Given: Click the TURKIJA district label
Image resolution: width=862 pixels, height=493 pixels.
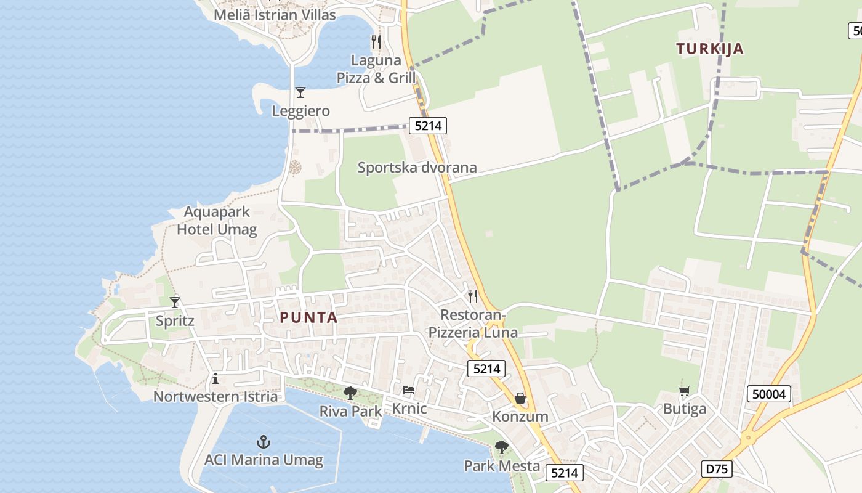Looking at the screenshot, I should (x=710, y=49).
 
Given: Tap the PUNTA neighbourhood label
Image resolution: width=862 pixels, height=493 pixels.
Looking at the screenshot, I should (x=308, y=317).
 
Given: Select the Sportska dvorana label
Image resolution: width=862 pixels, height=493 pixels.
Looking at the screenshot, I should (x=417, y=167).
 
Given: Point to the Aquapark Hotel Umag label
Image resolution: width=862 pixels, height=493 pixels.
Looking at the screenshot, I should (x=217, y=221).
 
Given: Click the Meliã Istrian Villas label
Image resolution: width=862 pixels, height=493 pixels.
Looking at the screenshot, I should (x=275, y=15).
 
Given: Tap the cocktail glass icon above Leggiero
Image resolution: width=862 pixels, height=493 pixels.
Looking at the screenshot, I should (x=300, y=92).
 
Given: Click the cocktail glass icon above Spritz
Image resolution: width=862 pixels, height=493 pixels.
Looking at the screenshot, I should (x=175, y=302).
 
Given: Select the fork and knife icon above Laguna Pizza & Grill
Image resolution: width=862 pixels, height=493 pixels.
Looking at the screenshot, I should (x=376, y=42).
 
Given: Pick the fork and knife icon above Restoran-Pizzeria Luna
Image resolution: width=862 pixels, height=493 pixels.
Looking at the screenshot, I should (x=473, y=296).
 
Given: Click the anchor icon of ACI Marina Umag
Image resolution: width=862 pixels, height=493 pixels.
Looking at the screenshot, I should (x=264, y=442).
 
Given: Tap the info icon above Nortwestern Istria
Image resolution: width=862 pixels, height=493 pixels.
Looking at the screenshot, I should (x=216, y=378).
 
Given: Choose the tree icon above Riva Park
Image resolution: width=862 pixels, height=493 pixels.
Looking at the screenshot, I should (x=350, y=393).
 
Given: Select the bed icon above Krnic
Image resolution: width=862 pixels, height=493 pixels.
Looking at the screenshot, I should (x=409, y=390).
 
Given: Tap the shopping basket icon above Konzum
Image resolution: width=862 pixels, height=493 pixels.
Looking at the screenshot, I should (x=520, y=398).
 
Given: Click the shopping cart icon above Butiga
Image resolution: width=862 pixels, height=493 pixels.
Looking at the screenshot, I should (x=684, y=391).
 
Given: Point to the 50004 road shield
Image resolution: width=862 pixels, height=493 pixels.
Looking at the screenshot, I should (x=770, y=394).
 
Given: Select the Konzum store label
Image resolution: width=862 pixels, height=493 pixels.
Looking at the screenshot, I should (x=520, y=417).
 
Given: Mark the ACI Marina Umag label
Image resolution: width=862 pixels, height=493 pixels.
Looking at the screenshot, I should (x=264, y=460).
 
